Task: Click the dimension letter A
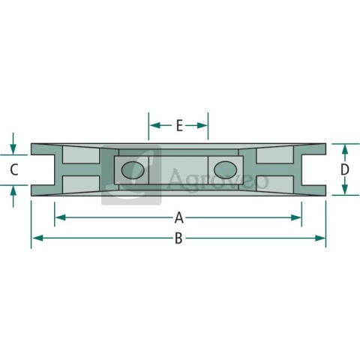[x=179, y=217]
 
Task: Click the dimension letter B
[x=178, y=238]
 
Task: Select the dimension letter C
[x=14, y=169]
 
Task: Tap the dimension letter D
[x=345, y=169]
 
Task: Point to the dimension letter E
[x=179, y=125]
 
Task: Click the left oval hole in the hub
[x=133, y=170]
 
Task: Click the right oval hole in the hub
[x=225, y=170]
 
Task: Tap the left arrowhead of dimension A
[x=60, y=217]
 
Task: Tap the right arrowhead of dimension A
[x=296, y=217]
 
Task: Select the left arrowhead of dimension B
[x=37, y=238]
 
